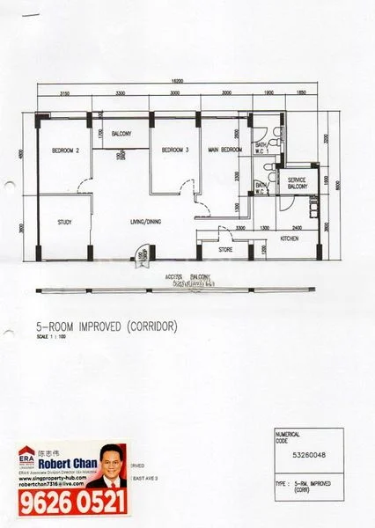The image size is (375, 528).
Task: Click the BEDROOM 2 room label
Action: point(66,151)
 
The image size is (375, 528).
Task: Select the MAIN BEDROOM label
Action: point(225,151)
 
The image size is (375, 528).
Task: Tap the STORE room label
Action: point(225,249)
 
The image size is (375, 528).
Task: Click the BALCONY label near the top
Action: point(122,134)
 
